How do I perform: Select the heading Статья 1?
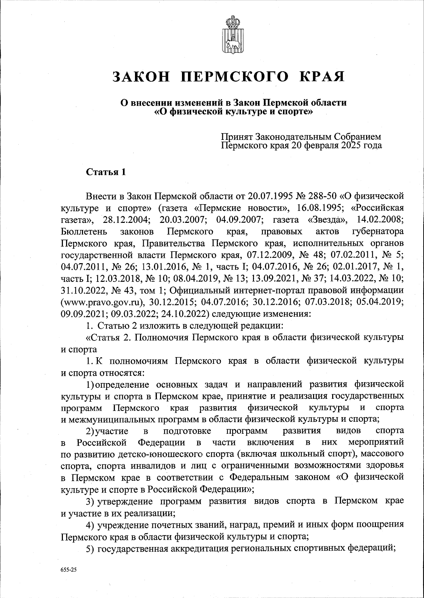(x=106, y=172)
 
